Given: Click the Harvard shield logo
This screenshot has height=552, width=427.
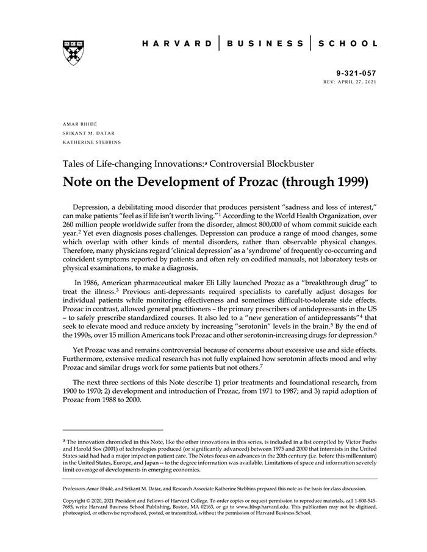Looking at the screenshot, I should click(x=73, y=52).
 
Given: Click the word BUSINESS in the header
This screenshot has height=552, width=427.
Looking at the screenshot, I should click(x=265, y=44).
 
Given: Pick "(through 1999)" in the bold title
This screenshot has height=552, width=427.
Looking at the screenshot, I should click(x=319, y=182).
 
